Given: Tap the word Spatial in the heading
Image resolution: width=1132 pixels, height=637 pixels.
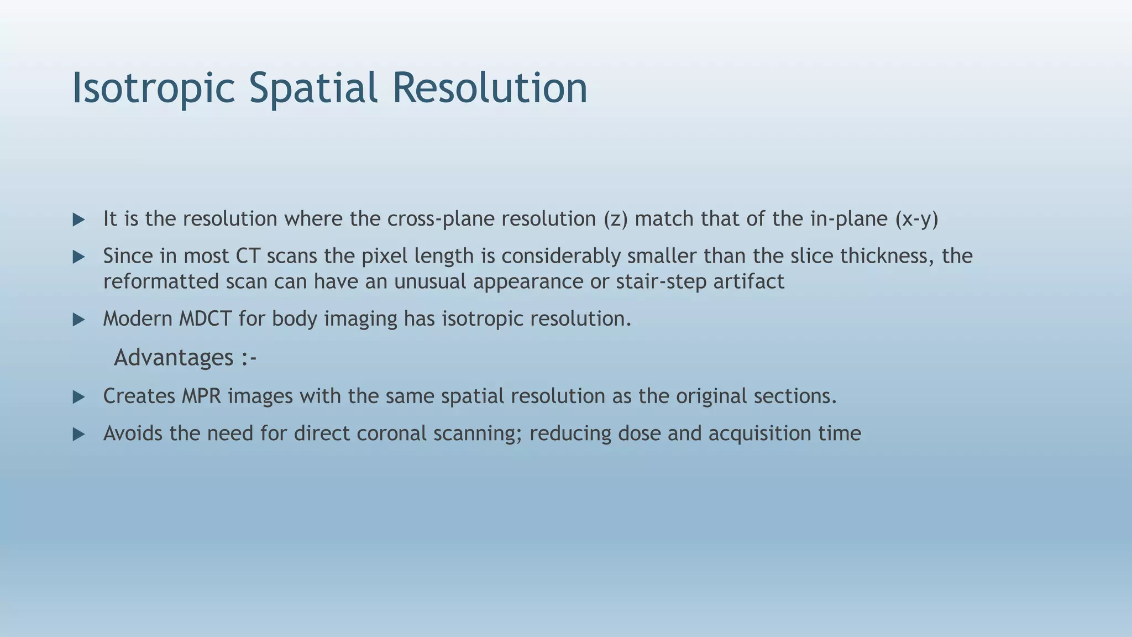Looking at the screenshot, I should click(x=313, y=88).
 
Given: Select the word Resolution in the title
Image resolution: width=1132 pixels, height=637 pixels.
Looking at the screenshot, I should click(x=490, y=88).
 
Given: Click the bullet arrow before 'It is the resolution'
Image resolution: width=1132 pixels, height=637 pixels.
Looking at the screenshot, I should click(x=79, y=220).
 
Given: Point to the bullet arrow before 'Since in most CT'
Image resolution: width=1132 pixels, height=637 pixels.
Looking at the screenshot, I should click(x=79, y=257).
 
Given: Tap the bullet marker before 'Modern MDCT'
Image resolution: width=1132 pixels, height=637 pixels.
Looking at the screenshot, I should click(x=79, y=320).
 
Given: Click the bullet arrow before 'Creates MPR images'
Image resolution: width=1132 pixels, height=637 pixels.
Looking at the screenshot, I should click(x=79, y=397).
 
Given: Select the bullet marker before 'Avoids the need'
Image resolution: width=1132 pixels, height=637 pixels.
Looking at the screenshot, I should click(x=79, y=434).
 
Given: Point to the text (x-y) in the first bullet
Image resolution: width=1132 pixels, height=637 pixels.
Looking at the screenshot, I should click(x=916, y=219).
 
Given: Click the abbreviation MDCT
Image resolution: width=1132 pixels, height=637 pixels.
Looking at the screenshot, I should click(x=205, y=318).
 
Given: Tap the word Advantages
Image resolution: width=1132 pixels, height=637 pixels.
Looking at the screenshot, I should click(x=174, y=357).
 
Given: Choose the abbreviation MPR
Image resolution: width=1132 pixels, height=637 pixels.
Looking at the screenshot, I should click(x=201, y=396).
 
